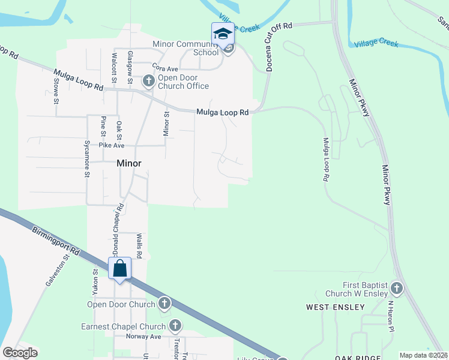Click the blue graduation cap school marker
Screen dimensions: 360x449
click(x=222, y=34)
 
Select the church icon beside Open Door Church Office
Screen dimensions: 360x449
click(x=148, y=80)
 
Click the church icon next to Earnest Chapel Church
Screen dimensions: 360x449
click(x=175, y=326)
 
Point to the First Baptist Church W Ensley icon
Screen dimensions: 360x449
click(x=396, y=289)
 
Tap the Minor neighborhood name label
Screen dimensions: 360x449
click(x=128, y=163)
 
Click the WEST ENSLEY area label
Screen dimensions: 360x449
click(x=335, y=307)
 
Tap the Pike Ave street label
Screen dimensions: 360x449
click(x=112, y=145)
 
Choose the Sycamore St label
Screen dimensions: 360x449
click(x=87, y=160)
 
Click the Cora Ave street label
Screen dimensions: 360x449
click(x=165, y=68)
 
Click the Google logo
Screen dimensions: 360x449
click(x=20, y=353)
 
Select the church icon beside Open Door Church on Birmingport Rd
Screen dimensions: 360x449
click(x=164, y=304)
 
